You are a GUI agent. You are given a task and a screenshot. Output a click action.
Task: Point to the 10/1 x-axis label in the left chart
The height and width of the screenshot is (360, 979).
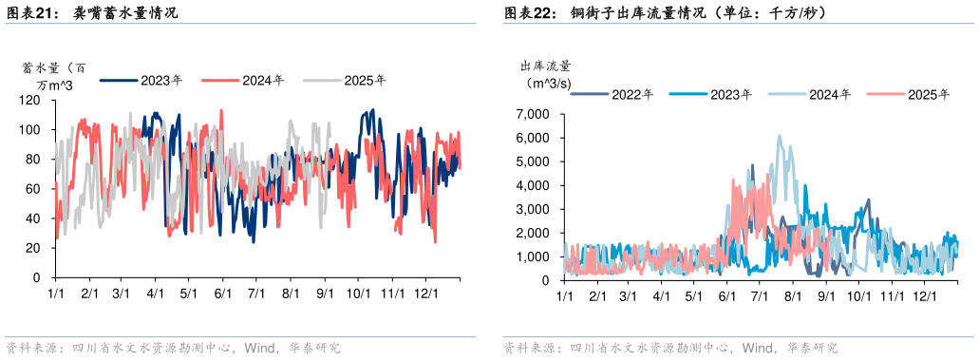(358, 294)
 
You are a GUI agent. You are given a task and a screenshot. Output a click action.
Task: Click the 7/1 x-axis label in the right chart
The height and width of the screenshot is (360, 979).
(759, 296)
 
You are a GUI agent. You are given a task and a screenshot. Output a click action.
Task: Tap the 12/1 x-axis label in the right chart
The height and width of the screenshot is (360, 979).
(922, 296)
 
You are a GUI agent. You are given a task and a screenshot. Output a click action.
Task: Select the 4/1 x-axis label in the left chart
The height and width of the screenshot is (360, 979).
(156, 294)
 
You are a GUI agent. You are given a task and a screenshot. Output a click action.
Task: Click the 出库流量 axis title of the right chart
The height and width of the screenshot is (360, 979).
(545, 66)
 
